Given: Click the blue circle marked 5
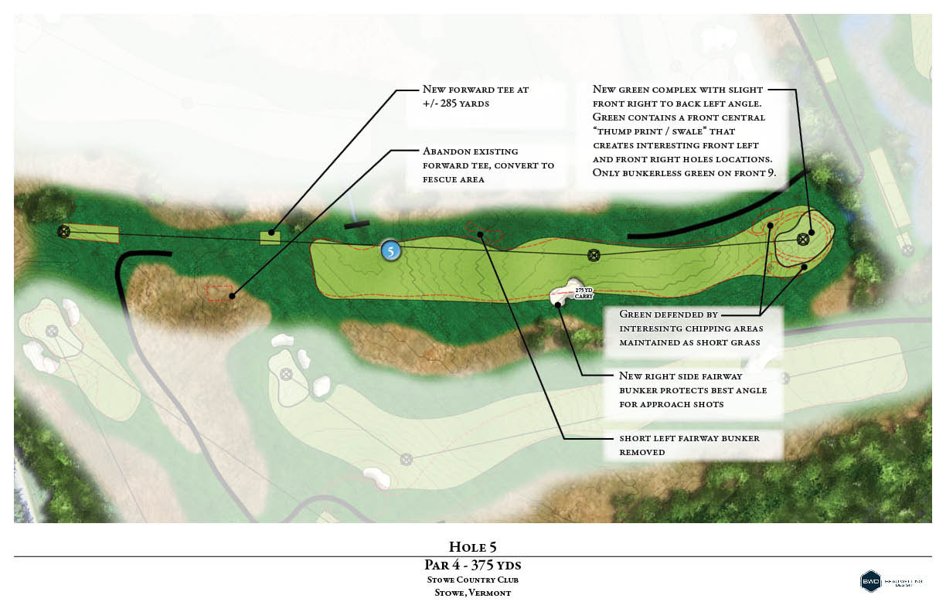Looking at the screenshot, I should [391, 250].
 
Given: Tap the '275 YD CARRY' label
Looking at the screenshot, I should [583, 291].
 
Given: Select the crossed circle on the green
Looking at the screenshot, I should [803, 239].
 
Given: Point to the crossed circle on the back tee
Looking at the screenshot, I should [64, 230].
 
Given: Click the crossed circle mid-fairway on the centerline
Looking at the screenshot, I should [594, 255].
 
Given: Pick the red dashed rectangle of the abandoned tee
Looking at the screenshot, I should [220, 293].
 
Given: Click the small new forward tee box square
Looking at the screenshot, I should [270, 236].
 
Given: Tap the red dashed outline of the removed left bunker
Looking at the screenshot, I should [485, 229].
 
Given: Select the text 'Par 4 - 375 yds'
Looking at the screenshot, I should [472, 566].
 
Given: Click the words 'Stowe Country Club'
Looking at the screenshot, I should [472, 580].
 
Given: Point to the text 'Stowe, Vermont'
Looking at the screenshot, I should [472, 593].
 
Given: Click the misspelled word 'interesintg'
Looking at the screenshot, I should [651, 328].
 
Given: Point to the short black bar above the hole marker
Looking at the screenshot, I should [357, 225].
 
